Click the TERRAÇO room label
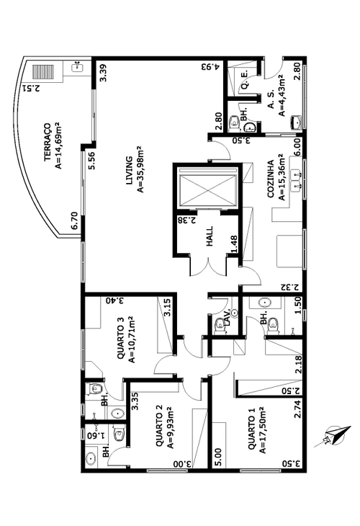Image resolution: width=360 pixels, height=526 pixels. [48, 143]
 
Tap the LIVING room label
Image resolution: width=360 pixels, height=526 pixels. [129, 170]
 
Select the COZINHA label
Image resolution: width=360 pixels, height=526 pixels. [271, 178]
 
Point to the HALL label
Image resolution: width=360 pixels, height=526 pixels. [210, 236]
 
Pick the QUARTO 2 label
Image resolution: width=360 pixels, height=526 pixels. [159, 426]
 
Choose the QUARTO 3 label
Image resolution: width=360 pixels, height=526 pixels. [121, 338]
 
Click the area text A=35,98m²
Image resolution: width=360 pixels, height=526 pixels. [140, 170]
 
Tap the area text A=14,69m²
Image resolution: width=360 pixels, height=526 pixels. [58, 145]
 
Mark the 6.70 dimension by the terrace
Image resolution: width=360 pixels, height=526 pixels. [74, 220]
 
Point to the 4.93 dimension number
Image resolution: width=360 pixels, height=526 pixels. [210, 67]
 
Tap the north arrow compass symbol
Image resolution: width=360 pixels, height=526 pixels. [333, 436]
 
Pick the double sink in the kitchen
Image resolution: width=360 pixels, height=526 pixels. [297, 180]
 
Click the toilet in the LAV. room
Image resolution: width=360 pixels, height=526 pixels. [219, 326]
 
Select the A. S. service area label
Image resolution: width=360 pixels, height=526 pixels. [271, 98]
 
